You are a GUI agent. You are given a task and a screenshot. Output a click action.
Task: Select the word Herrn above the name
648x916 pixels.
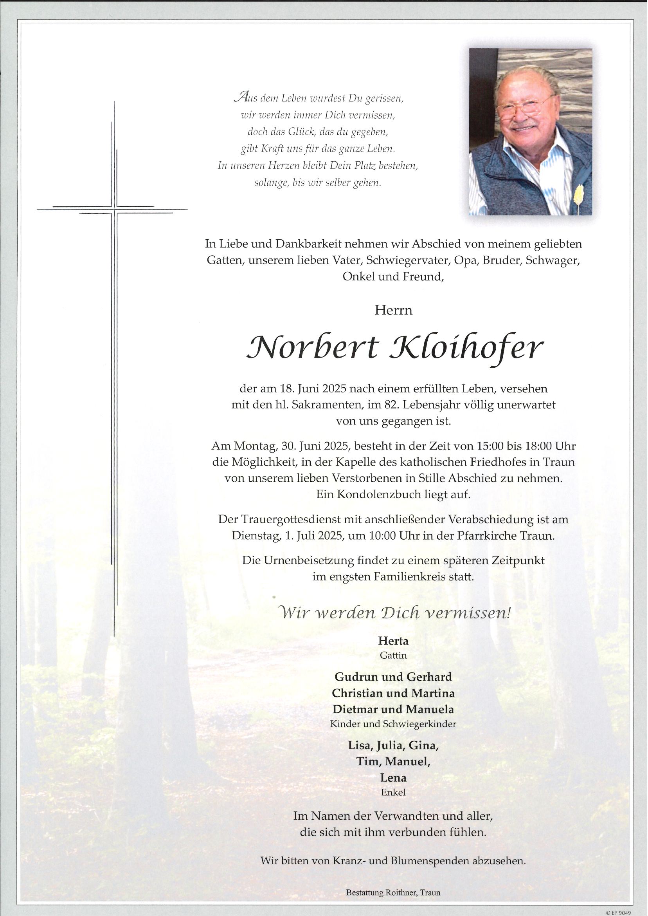393,310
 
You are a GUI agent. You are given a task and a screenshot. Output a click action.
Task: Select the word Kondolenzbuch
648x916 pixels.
375,495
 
